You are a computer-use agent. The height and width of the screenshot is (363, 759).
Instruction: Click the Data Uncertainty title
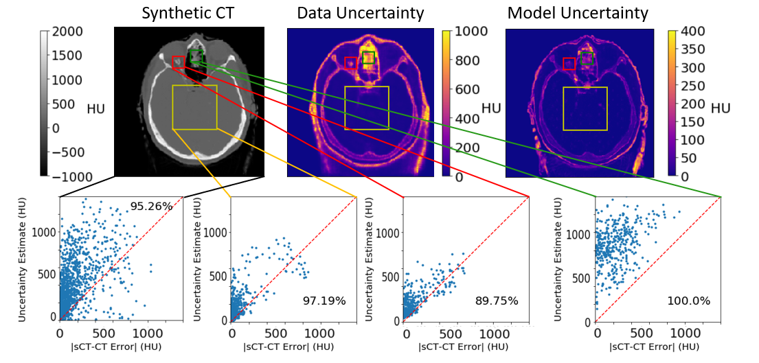[x=360, y=12]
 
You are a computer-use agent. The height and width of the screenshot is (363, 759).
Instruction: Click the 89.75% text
[x=497, y=300]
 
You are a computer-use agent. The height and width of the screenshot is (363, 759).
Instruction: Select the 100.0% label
[x=688, y=300]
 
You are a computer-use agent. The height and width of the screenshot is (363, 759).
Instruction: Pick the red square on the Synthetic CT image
[x=178, y=62]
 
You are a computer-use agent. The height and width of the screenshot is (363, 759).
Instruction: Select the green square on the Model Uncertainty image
[x=587, y=58]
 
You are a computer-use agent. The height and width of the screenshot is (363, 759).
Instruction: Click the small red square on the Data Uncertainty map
[x=350, y=63]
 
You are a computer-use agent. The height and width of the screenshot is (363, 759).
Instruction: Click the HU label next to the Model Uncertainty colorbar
[x=721, y=108]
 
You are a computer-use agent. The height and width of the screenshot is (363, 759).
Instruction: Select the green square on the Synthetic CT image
[x=196, y=57]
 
